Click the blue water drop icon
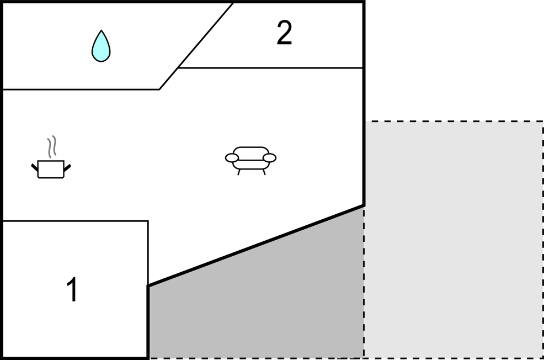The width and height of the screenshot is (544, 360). [101, 47]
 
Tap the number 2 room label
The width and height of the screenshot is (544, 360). [284, 33]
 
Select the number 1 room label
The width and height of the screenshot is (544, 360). [72, 289]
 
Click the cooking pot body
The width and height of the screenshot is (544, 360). [51, 169]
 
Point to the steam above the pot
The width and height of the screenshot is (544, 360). [52, 147]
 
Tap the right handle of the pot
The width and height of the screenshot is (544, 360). [67, 168]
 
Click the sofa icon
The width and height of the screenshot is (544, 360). [250, 160]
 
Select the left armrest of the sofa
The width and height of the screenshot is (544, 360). [232, 158]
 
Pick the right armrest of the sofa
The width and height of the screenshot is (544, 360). [270, 158]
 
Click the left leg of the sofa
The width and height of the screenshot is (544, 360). [239, 172]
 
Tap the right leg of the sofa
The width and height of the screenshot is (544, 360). [264, 172]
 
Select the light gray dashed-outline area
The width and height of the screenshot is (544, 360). [454, 240]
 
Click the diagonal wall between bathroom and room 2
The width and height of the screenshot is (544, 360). [196, 46]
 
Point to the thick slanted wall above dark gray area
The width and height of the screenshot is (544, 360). [256, 246]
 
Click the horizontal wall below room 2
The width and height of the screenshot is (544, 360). [270, 68]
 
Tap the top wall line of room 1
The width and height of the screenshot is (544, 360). [76, 221]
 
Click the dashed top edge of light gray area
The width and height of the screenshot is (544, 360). [454, 121]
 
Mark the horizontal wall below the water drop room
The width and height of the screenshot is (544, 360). [81, 89]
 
